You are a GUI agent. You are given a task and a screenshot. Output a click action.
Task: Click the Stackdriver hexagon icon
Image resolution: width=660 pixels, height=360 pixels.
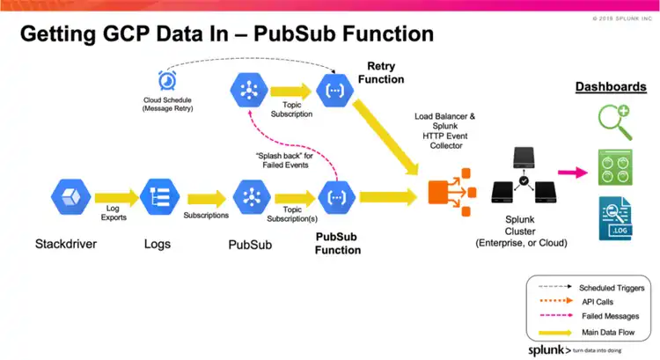[71, 196]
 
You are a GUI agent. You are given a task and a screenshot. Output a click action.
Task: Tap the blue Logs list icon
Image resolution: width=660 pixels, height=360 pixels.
[159, 196]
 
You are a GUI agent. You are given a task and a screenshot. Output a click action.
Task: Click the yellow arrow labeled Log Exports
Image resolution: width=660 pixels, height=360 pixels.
[114, 197]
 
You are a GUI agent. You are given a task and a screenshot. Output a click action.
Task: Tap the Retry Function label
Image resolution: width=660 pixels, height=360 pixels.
[381, 73]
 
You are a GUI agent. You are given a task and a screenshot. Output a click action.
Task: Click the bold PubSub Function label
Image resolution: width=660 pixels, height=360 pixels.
[338, 243]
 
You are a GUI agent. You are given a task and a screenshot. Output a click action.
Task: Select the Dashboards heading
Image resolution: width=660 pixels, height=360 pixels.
[611, 87]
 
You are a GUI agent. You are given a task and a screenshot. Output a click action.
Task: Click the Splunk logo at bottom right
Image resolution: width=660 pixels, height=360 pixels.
[546, 349]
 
